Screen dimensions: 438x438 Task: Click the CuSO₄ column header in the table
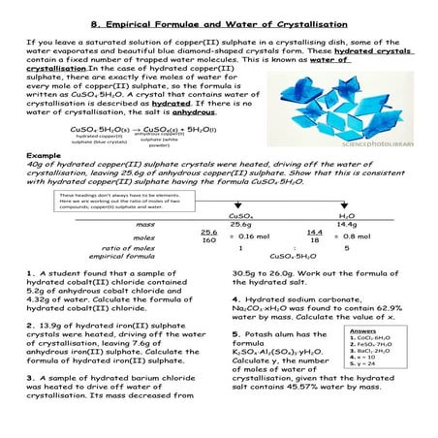[240, 216]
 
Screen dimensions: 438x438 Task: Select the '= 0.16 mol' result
[250, 236]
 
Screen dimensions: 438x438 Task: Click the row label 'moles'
[116, 237]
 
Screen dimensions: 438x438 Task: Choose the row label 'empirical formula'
[116, 257]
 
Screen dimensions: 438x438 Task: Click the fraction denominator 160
[208, 240]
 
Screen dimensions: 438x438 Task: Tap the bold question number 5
[236, 332]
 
